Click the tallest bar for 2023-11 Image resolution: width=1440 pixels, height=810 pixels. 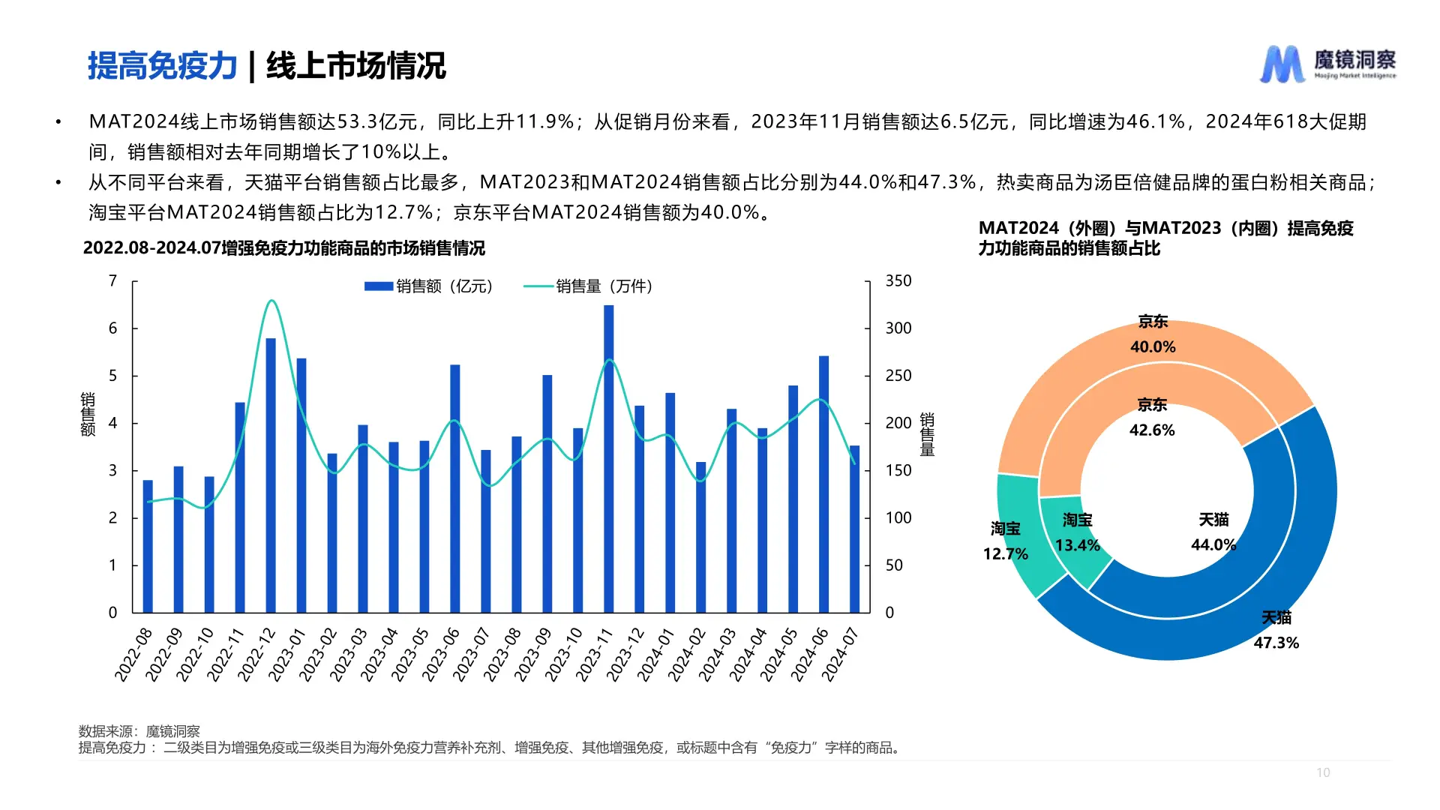pyautogui.click(x=608, y=459)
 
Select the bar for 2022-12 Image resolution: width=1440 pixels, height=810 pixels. pyautogui.click(x=271, y=475)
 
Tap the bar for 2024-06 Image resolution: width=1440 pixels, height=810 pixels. pyautogui.click(x=823, y=484)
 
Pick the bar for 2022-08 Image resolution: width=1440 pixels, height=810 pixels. pyautogui.click(x=148, y=547)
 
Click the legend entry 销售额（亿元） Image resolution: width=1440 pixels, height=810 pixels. pyautogui.click(x=428, y=286)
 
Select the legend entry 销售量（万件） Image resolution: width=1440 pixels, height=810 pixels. pyautogui.click(x=589, y=286)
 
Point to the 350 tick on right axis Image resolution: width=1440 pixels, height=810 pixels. pyautogui.click(x=898, y=281)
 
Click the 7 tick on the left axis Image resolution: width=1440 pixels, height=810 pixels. pyautogui.click(x=113, y=281)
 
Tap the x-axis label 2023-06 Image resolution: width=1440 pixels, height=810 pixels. pyautogui.click(x=441, y=654)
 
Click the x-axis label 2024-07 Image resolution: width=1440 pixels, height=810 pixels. pyautogui.click(x=841, y=654)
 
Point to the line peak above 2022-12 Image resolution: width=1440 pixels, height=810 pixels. pyautogui.click(x=271, y=301)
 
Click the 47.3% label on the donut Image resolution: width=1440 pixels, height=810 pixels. pyautogui.click(x=1276, y=643)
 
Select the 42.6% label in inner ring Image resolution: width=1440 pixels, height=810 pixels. pyautogui.click(x=1152, y=430)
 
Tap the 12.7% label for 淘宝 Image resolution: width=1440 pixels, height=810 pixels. pyautogui.click(x=1005, y=554)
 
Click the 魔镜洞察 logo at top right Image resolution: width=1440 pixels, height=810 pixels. pyautogui.click(x=1327, y=64)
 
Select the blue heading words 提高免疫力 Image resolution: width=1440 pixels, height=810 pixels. pyautogui.click(x=162, y=66)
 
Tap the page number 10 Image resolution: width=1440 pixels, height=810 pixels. pyautogui.click(x=1323, y=772)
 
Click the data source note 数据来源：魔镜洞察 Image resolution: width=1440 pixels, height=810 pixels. pyautogui.click(x=139, y=731)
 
